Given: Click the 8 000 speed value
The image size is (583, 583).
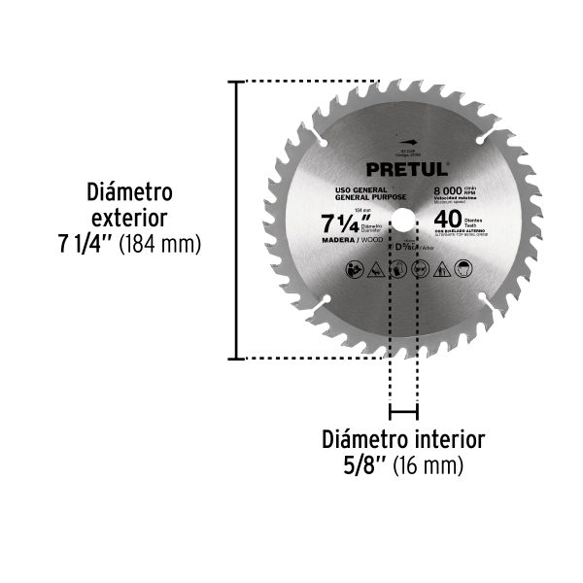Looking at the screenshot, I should click(x=447, y=191).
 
